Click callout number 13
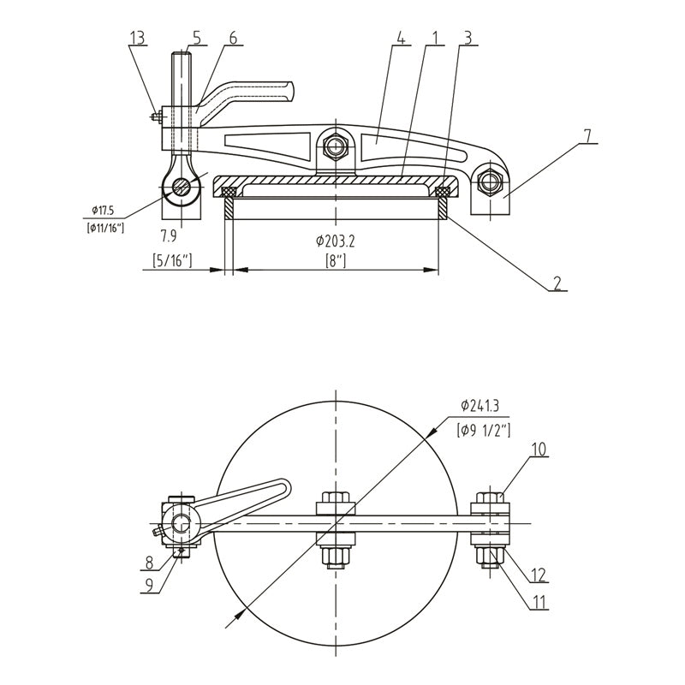tap(137, 38)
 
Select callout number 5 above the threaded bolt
tap(197, 38)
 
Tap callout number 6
tap(233, 38)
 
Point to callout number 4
tap(401, 38)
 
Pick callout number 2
tap(557, 283)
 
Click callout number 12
tap(539, 575)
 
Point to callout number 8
tap(149, 563)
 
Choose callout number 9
tap(149, 586)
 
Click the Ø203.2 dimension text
tap(336, 241)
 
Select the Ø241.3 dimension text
tap(480, 406)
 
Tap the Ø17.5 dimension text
tap(103, 211)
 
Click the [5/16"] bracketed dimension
tap(172, 260)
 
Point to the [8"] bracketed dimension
tap(336, 261)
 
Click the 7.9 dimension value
tap(168, 236)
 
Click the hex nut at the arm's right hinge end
tap(490, 181)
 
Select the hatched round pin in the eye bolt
tap(182, 187)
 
